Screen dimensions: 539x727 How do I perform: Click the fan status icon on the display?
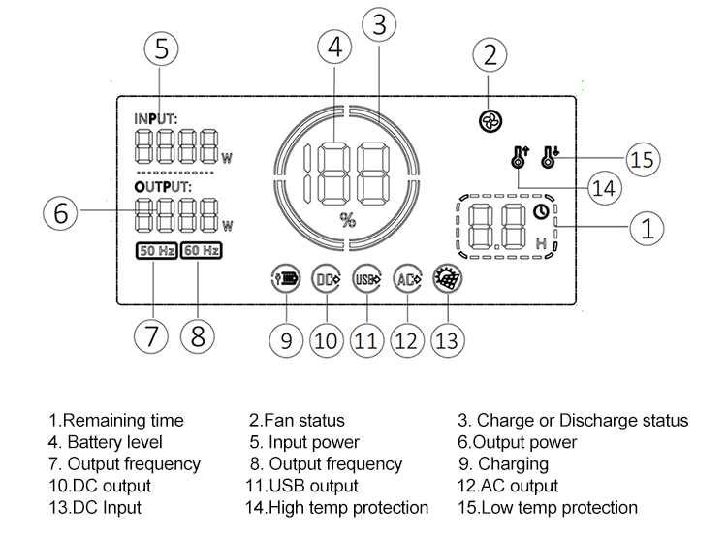coord(490,121)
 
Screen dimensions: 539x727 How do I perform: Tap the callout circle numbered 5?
coord(163,48)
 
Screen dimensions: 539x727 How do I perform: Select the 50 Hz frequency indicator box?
coord(156,251)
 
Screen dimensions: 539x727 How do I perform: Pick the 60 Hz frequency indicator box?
coord(201,251)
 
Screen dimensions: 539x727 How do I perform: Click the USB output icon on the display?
coord(366,278)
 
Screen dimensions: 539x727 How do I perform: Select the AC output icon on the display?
coord(407,278)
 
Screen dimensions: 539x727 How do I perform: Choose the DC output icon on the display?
coord(326,278)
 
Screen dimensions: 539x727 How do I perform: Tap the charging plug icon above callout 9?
coord(285,278)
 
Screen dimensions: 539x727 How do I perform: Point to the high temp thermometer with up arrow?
coord(519,155)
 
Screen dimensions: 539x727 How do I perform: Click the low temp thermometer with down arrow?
coord(553,155)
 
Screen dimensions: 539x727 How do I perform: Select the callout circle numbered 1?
coord(648,228)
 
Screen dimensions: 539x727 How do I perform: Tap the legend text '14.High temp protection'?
coord(338,507)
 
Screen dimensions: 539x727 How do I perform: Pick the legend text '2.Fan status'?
coord(297,420)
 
